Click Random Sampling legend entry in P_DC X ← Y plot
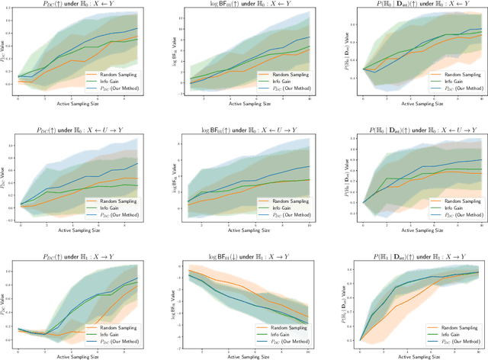click(x=111, y=68)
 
